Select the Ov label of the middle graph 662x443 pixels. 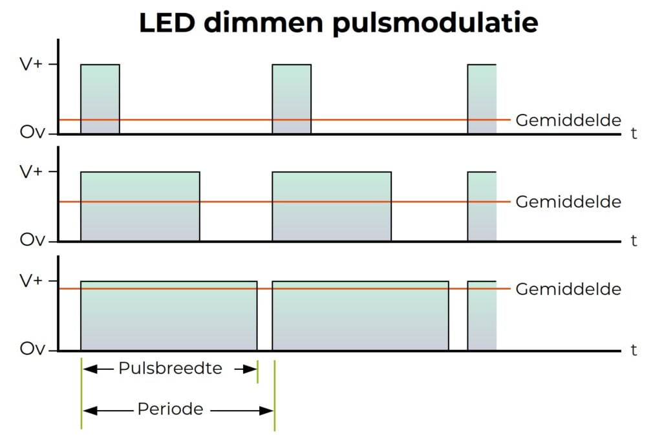[32, 241]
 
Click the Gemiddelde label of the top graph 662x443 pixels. [568, 120]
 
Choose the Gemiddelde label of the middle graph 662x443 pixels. [568, 202]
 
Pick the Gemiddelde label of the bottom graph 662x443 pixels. [568, 289]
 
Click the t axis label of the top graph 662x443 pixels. [634, 134]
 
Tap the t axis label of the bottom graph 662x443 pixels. [634, 350]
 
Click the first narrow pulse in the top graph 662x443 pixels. [100, 99]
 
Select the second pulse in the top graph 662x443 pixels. [292, 99]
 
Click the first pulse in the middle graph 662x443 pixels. [140, 206]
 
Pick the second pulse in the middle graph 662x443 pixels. [332, 206]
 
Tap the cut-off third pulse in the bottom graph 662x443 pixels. [482, 316]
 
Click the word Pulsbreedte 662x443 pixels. [170, 369]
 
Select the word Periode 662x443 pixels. [170, 409]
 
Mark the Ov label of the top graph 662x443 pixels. [32, 133]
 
